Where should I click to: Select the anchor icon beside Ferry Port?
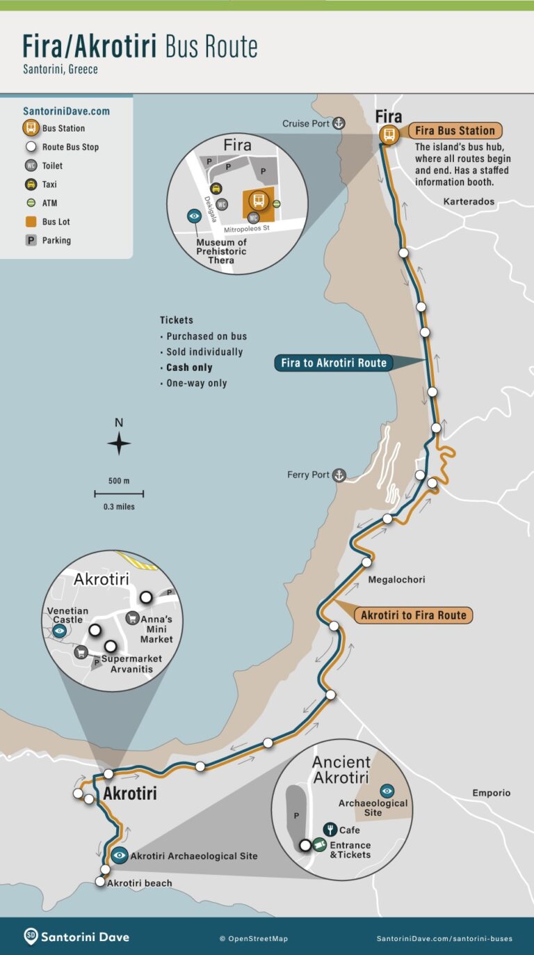[x=339, y=475]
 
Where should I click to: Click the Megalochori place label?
[x=396, y=580]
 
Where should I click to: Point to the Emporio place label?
[x=491, y=793]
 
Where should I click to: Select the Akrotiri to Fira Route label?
[x=413, y=615]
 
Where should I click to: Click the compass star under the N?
[x=119, y=443]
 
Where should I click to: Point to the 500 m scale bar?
[x=119, y=494]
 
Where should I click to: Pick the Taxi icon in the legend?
[x=31, y=184]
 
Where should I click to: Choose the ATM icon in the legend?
[x=31, y=203]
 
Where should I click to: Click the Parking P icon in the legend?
[x=31, y=240]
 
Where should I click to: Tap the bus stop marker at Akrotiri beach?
[x=100, y=882]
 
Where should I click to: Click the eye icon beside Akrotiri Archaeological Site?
[x=120, y=855]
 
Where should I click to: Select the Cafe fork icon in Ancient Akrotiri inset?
[x=330, y=830]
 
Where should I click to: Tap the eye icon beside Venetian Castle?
[x=60, y=631]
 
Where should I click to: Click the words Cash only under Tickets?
[x=189, y=368]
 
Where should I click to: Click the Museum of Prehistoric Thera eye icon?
[x=195, y=216]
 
